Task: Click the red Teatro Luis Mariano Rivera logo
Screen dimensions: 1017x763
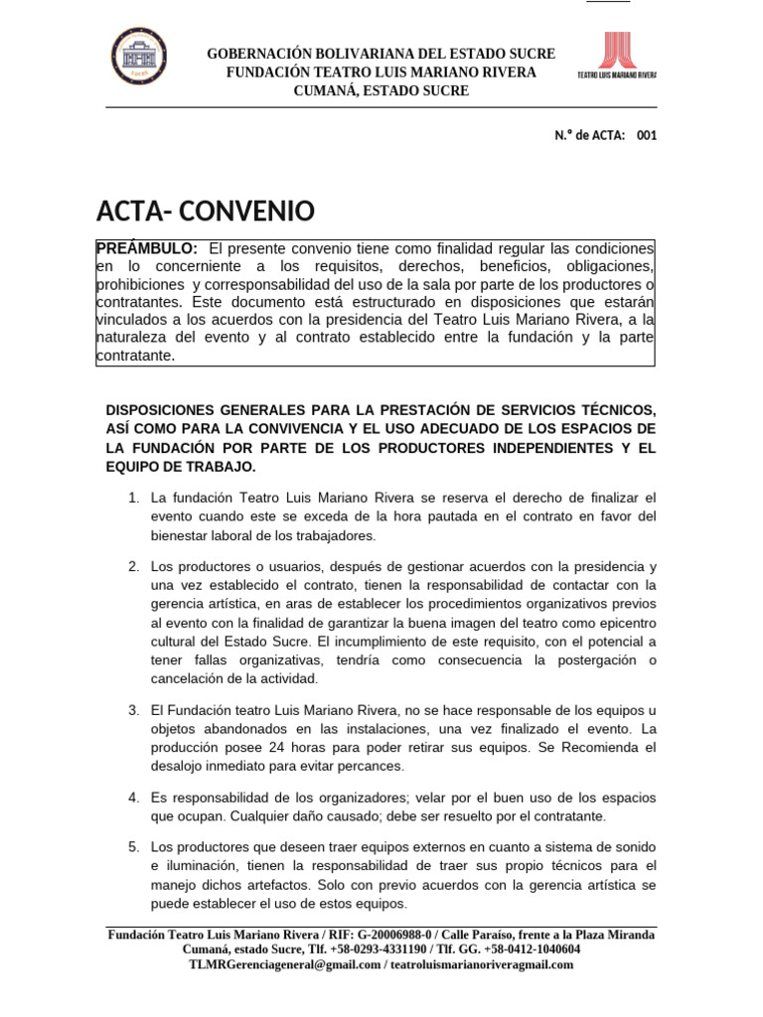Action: [x=617, y=58]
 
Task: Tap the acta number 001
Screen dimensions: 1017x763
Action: [x=647, y=136]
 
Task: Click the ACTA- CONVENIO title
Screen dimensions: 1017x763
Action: [x=205, y=211]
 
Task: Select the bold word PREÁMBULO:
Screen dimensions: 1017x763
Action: [x=147, y=247]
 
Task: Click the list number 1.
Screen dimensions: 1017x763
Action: [x=132, y=497]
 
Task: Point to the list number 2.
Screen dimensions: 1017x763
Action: [x=132, y=566]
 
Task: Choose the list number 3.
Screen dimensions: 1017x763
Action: [x=132, y=709]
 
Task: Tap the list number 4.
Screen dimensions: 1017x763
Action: [x=132, y=799]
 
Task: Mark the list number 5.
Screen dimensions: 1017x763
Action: [x=132, y=846]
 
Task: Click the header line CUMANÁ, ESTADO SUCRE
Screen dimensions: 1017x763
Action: [x=381, y=91]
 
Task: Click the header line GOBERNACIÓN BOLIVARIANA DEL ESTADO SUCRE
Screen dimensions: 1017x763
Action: [x=381, y=54]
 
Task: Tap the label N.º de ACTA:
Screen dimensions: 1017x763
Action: [x=589, y=136]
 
